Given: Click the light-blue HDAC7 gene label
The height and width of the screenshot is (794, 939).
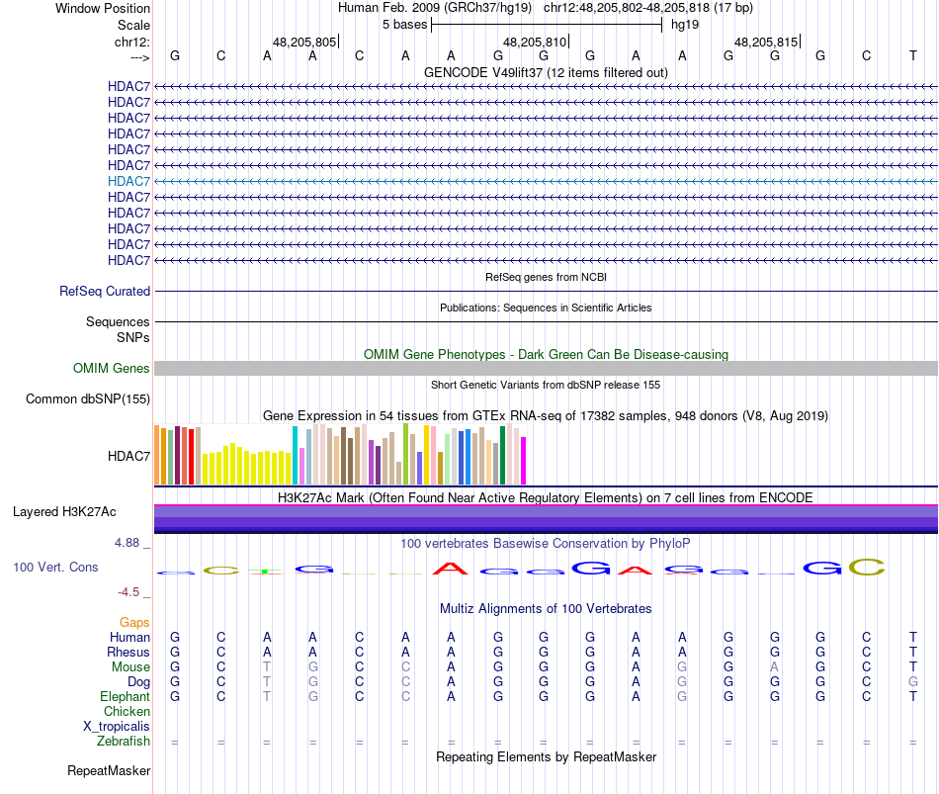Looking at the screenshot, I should coord(129,181).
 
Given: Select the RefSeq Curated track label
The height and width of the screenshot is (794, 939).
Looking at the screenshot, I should coord(105,292).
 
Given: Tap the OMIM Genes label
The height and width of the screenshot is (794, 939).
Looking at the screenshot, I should coord(112,369).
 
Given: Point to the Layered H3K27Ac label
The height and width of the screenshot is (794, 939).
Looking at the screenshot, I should coord(64,512).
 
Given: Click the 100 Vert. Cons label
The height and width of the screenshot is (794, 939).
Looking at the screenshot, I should coord(55,568).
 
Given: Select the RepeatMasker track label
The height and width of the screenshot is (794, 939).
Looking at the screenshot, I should coord(109,770).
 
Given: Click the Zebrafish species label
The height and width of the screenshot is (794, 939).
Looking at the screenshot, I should coord(124,742).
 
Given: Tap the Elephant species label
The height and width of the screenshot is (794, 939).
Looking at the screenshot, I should coord(125,697).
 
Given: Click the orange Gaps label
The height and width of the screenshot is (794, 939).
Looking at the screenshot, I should coord(134,623).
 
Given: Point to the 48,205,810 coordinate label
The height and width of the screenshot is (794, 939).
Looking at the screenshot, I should coord(535,42).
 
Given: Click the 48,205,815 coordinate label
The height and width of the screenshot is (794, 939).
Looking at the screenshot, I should coord(765,42).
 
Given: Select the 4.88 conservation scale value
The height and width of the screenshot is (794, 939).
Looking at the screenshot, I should coord(131,543).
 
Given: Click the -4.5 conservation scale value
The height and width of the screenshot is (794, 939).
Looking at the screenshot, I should coord(133,592).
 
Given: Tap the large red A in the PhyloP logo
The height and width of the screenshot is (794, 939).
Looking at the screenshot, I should coord(451,569).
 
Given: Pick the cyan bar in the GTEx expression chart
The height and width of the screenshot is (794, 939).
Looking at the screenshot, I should coord(296,455).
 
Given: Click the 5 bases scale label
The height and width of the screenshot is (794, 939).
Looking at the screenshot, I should coord(404,24).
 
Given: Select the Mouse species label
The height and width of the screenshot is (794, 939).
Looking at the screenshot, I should coord(130,667).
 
